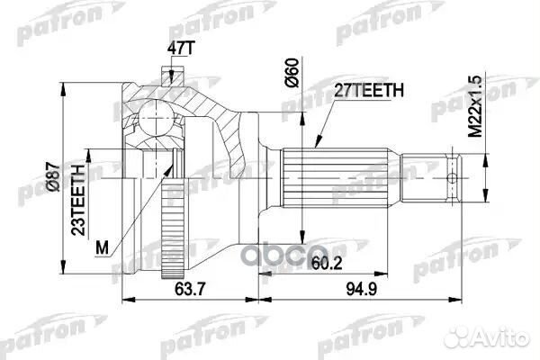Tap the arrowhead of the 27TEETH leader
316,144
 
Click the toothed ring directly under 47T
166,73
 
